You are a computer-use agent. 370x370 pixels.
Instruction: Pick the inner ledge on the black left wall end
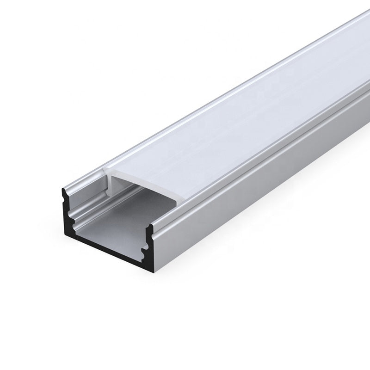click(x=71, y=214)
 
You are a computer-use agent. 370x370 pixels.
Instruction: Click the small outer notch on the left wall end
click(x=63, y=197)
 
